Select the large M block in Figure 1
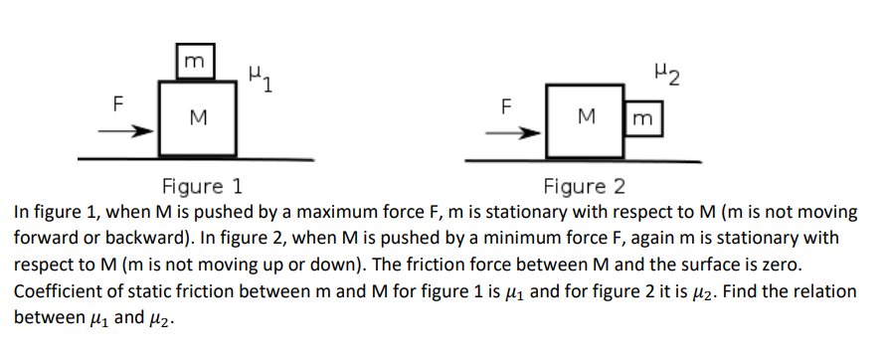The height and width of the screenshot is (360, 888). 198,118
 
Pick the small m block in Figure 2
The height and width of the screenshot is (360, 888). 642,118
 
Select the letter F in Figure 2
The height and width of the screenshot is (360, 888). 505,104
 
